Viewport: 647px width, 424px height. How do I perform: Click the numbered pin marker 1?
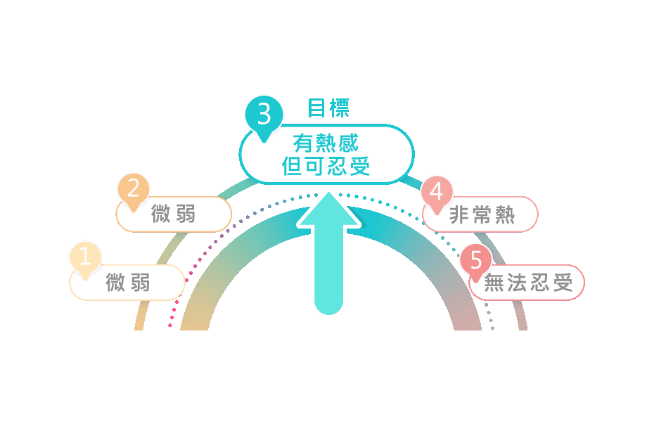click(85, 257)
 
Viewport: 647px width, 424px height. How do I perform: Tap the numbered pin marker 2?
click(133, 189)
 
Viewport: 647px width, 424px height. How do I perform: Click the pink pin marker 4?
click(437, 191)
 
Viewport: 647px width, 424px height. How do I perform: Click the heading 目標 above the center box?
click(328, 108)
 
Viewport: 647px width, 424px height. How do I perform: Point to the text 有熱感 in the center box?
click(326, 143)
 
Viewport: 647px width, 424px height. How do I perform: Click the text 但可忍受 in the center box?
click(326, 167)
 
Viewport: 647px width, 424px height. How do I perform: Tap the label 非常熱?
click(482, 215)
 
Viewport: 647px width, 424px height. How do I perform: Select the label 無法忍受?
click(528, 283)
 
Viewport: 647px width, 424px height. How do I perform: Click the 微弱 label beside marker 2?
click(174, 214)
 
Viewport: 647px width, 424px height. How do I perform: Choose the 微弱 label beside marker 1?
click(128, 283)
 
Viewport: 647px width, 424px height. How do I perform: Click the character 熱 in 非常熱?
click(505, 215)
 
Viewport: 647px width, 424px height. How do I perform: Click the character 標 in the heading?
click(339, 108)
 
